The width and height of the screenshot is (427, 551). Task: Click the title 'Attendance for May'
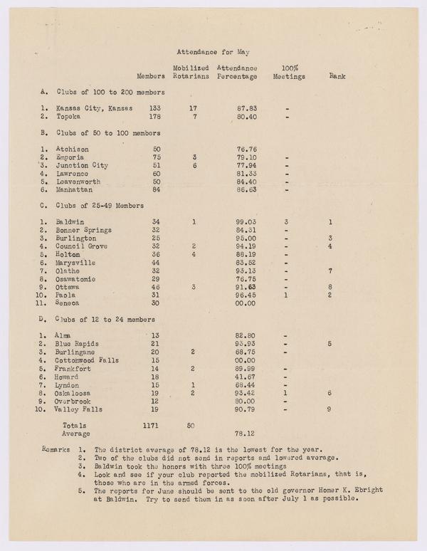(x=213, y=52)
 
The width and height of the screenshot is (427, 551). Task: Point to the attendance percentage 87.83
(x=246, y=109)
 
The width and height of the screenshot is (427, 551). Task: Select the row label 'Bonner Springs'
(x=83, y=230)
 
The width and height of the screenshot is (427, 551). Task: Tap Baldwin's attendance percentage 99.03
(x=246, y=222)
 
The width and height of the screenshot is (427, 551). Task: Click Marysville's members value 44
(x=155, y=262)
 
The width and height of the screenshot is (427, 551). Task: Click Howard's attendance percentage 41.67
(x=246, y=377)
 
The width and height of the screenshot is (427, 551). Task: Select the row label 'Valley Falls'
(x=80, y=409)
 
